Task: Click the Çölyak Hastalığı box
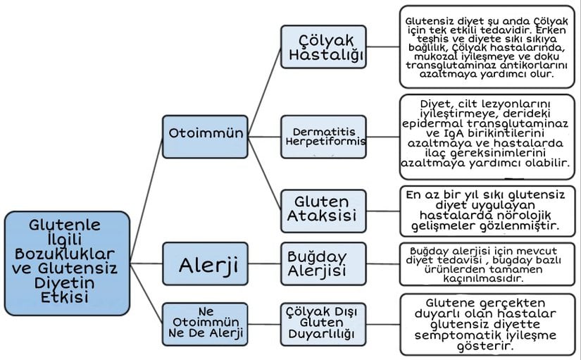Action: (x=322, y=46)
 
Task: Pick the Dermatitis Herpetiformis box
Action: (x=324, y=137)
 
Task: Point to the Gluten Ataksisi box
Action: (x=323, y=209)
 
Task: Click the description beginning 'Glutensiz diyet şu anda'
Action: (x=487, y=46)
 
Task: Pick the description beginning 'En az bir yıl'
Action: (x=487, y=209)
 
